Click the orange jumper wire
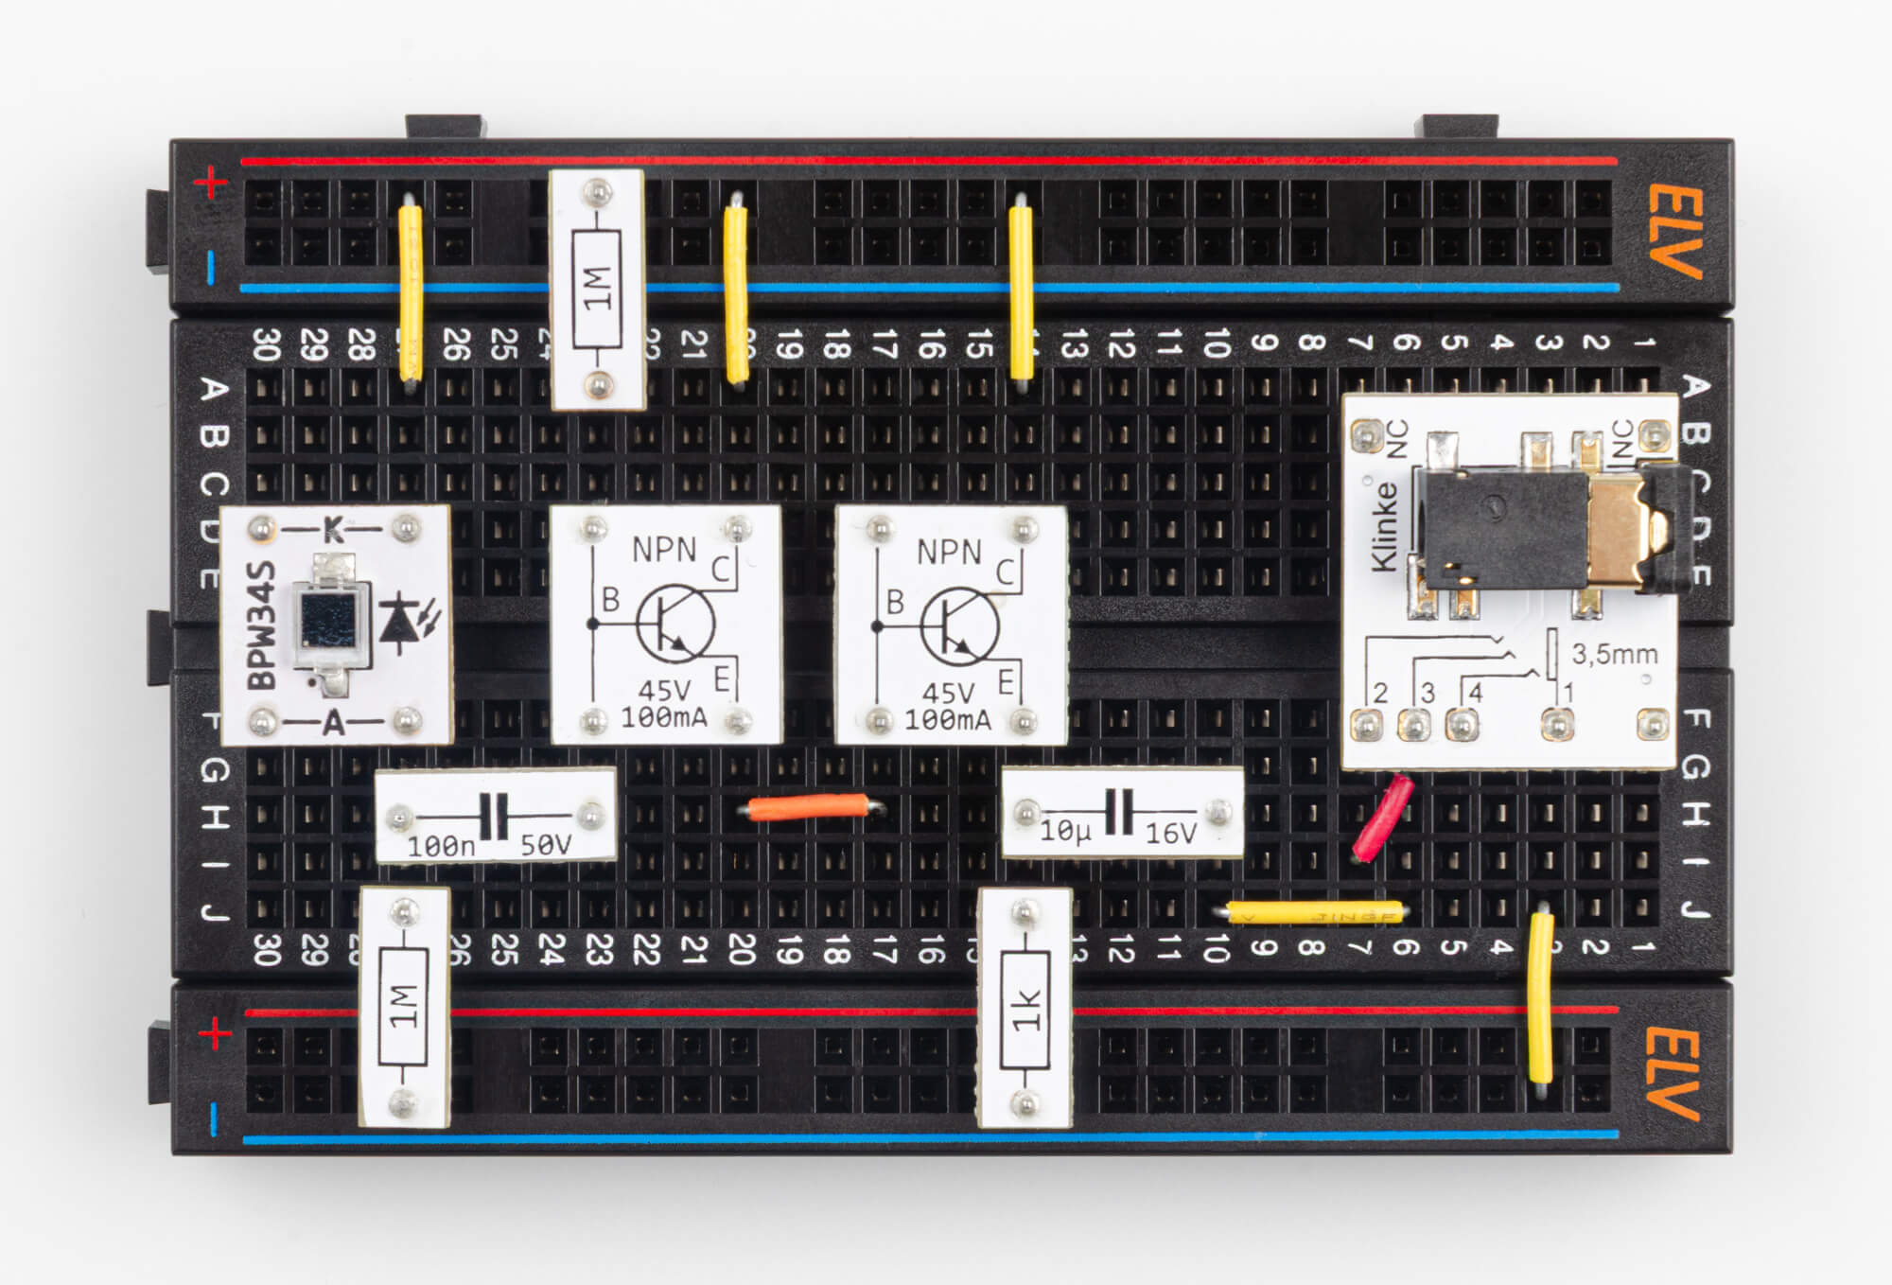pyautogui.click(x=809, y=807)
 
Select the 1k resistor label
pyautogui.click(x=1025, y=1011)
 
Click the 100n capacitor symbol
pyautogui.click(x=493, y=816)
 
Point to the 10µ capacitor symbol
pyautogui.click(x=1119, y=811)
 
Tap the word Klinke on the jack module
pyautogui.click(x=1384, y=526)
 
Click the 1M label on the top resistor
pyautogui.click(x=597, y=289)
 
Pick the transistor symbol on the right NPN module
pyautogui.click(x=958, y=625)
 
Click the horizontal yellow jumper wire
pyautogui.click(x=1315, y=913)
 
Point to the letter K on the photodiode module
pyautogui.click(x=333, y=529)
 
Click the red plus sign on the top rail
pyautogui.click(x=211, y=183)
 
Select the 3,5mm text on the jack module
pyautogui.click(x=1614, y=654)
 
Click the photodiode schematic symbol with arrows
pyautogui.click(x=407, y=620)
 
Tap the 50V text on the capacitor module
pyautogui.click(x=546, y=845)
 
